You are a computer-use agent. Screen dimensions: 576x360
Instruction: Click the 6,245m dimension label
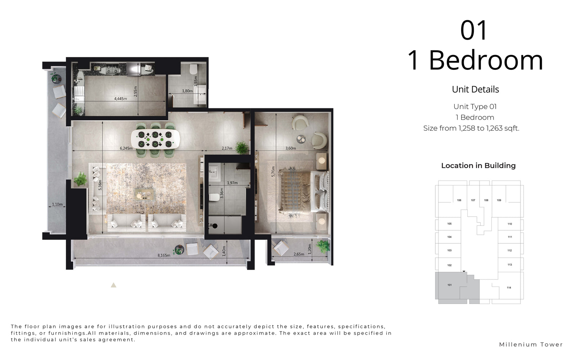point(126,148)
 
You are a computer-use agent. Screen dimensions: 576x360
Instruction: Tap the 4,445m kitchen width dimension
point(120,99)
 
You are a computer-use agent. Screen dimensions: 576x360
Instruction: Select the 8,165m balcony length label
point(164,255)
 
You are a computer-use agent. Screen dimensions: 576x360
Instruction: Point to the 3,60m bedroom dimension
point(291,148)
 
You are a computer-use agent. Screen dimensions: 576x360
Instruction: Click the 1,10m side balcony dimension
point(57,204)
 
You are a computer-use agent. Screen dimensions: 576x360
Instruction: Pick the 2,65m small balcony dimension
point(299,254)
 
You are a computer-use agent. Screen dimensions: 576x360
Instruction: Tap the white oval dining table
point(155,139)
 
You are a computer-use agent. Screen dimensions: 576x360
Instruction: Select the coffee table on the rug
point(144,194)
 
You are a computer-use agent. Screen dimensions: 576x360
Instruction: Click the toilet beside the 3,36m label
point(214,197)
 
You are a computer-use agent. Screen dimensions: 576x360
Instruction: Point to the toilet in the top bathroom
point(194,69)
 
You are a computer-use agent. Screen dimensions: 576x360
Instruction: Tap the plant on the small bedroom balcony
point(323,246)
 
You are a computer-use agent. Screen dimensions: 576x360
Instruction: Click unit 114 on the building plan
point(509,288)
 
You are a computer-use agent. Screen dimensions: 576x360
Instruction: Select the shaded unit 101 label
point(450,285)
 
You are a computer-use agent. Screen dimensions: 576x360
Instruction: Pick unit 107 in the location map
point(473,200)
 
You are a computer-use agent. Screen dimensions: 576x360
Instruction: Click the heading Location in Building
point(478,166)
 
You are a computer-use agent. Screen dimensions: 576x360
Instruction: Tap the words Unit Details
point(476,90)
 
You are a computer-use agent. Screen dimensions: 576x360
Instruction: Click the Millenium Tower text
point(531,345)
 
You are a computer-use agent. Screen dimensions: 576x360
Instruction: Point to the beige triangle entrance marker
point(113,285)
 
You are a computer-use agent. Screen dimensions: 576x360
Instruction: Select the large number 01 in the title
point(474,30)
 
